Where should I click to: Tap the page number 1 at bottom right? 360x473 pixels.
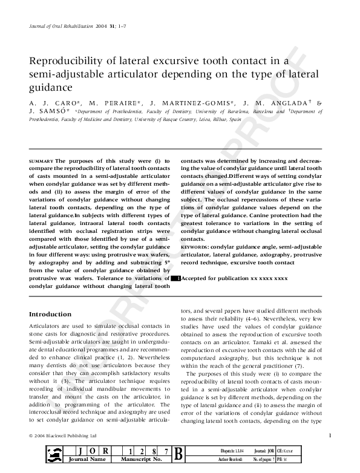click(x=330, y=435)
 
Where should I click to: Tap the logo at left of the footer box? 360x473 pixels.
click(x=54, y=455)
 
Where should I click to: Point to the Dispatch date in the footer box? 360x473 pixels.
click(x=234, y=451)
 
